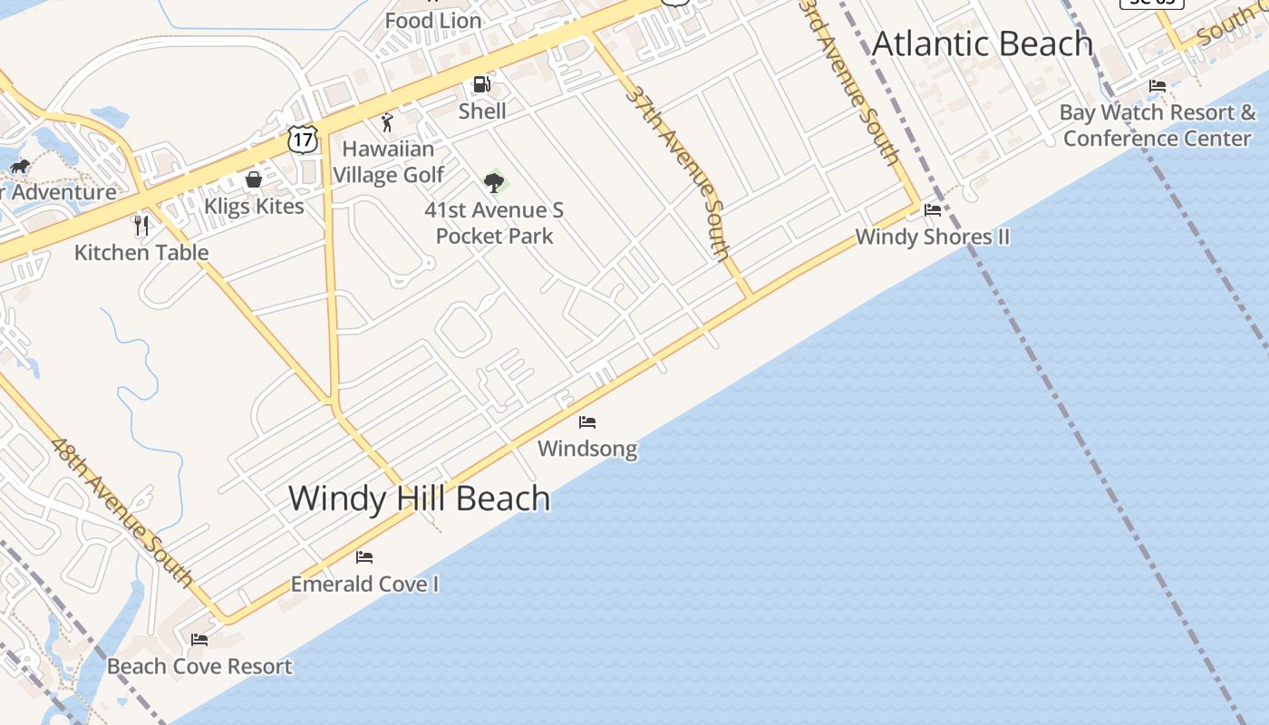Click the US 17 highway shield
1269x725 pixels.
tap(303, 139)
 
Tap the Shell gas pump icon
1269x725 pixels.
tap(481, 85)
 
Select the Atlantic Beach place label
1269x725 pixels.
tap(983, 43)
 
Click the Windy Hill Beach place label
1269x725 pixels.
tap(419, 498)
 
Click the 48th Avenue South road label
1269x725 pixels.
tap(121, 511)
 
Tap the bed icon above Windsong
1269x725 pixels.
tap(587, 422)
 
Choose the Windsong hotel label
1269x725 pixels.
tap(587, 449)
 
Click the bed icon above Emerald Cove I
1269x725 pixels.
tap(364, 557)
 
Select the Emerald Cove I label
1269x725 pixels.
tap(364, 585)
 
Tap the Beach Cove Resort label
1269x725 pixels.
tap(199, 667)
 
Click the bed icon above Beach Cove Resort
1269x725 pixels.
tap(199, 640)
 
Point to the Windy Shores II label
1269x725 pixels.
tap(932, 237)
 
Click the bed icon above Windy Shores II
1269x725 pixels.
tap(933, 210)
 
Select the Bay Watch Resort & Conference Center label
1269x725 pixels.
tap(1158, 125)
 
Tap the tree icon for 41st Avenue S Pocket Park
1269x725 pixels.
tap(494, 183)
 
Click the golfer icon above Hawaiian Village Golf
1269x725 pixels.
tap(388, 122)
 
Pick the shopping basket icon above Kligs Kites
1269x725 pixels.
tap(254, 179)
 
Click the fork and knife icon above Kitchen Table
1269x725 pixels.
tap(141, 225)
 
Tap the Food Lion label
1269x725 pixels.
tap(433, 20)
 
